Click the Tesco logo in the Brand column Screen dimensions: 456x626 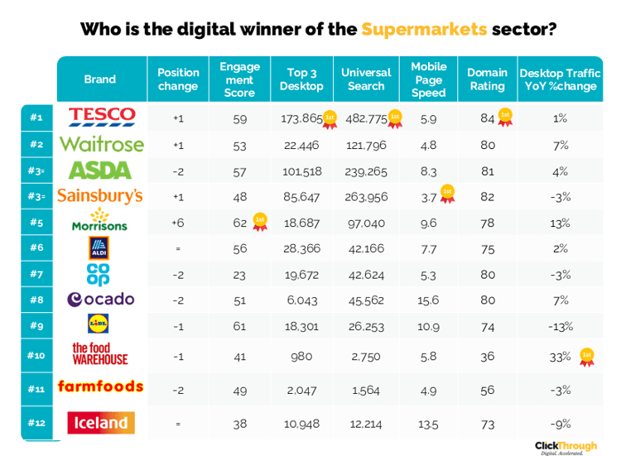102,117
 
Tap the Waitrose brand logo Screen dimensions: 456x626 101,144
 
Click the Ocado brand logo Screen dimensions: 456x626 100,300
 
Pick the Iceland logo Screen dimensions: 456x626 100,424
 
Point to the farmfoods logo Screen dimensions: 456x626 100,386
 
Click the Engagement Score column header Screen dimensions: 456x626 239,79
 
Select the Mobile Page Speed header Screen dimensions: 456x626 428,79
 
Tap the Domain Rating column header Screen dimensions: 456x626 488,79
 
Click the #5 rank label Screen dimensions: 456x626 36,222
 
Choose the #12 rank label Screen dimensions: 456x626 36,423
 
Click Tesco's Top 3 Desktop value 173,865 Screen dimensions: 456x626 301,118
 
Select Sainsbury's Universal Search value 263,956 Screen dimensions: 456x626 366,197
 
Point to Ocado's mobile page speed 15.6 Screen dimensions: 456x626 428,300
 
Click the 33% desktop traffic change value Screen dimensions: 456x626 560,357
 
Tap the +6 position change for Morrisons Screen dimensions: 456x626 178,222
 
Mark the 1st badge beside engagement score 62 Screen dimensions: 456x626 260,221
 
